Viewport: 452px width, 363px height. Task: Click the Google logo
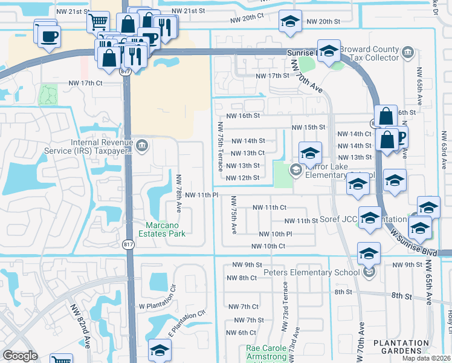pos(19,356)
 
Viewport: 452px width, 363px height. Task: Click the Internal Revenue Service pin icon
pos(143,144)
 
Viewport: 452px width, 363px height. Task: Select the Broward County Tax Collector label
pos(369,53)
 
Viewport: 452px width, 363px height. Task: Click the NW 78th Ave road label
pos(179,199)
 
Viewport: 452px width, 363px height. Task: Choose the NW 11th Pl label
pos(201,195)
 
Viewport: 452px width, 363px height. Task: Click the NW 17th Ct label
pos(91,83)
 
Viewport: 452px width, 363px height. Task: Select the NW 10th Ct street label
pos(268,246)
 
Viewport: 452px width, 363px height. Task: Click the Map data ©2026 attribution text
pos(425,358)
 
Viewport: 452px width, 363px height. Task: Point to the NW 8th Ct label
pos(242,278)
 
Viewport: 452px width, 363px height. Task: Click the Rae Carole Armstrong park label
pos(266,353)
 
